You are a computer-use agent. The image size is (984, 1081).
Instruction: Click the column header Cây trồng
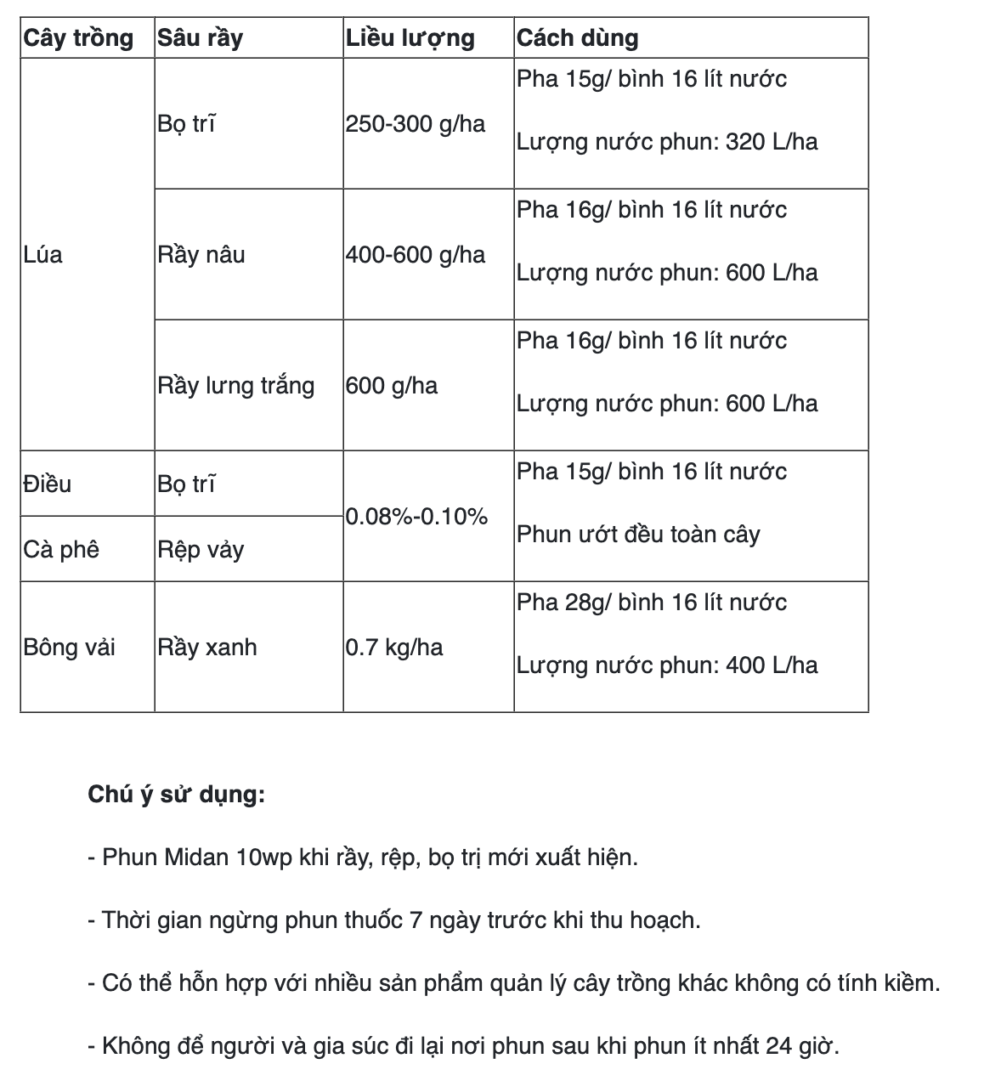pos(78,38)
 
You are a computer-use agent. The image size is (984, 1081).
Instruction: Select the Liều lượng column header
pos(410,38)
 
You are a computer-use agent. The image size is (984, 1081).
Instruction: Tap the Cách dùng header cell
pos(578,38)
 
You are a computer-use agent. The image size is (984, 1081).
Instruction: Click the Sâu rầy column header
pos(200,38)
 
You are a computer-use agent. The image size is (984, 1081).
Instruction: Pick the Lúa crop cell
pos(43,255)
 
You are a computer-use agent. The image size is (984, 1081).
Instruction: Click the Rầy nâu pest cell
pos(201,255)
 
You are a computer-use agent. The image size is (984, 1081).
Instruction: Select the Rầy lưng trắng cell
pos(235,386)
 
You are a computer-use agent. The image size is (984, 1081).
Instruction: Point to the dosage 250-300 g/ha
pos(416,124)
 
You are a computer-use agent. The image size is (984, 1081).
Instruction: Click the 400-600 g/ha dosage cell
pos(416,255)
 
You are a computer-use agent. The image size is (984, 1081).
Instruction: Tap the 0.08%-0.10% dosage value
pos(416,517)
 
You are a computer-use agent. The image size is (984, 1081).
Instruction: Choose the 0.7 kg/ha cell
pos(394,648)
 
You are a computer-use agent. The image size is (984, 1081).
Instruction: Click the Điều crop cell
pos(48,484)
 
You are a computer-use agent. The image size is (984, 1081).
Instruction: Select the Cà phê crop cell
pos(61,550)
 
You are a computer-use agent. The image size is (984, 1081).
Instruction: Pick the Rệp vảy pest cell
pos(201,550)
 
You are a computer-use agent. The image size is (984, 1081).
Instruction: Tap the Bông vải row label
pos(70,648)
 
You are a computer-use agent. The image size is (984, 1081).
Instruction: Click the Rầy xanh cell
pos(207,648)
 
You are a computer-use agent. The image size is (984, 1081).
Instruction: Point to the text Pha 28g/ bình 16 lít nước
pos(652,603)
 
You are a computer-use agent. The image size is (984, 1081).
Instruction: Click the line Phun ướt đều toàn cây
pos(638,535)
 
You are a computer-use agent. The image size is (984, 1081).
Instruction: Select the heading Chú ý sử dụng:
pos(177,795)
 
